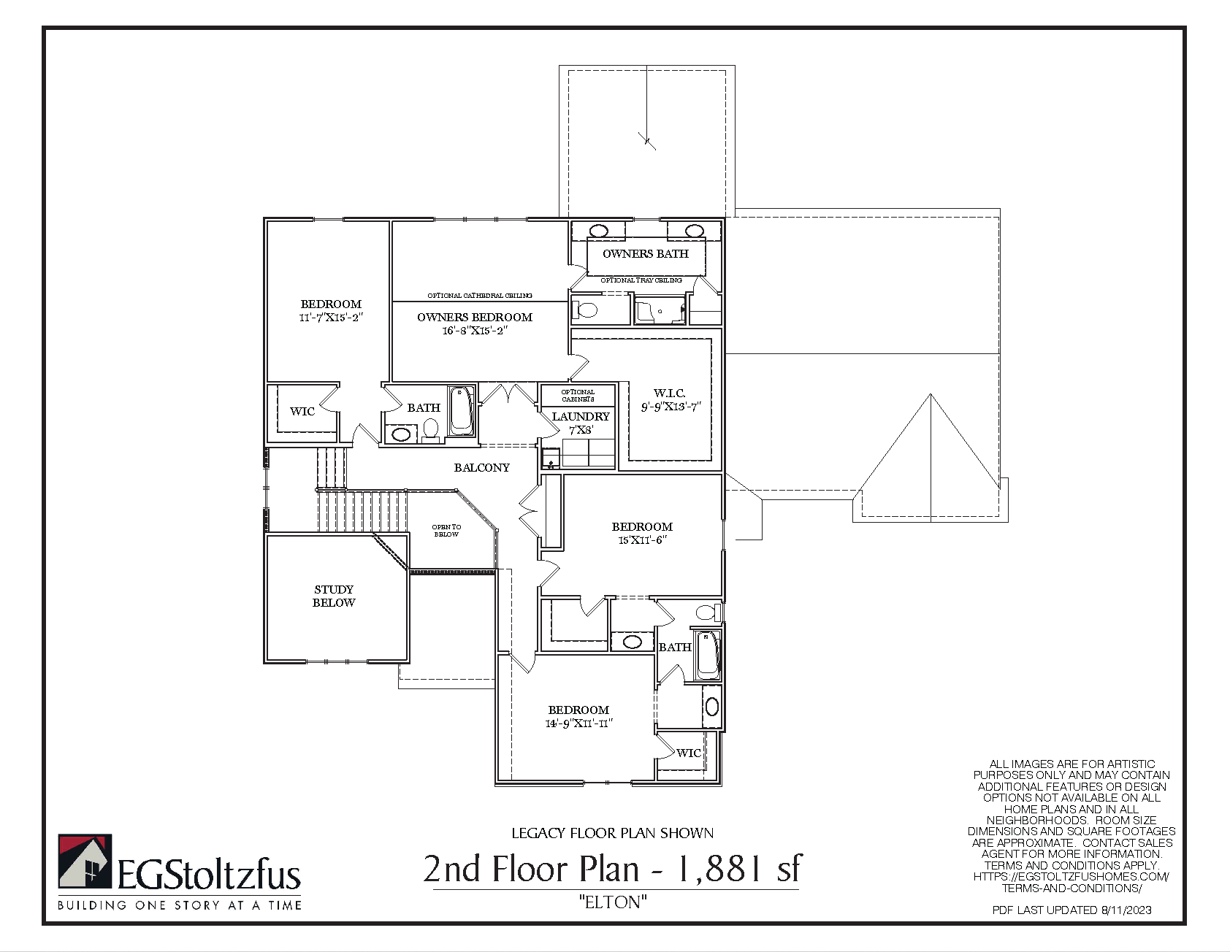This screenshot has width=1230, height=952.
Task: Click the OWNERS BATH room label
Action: [x=646, y=254]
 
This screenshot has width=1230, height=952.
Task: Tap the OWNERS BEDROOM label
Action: [x=475, y=324]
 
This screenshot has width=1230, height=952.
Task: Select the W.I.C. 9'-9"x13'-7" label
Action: [x=671, y=400]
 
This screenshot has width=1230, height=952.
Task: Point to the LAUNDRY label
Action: [x=581, y=423]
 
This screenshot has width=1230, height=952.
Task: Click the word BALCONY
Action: [x=482, y=468]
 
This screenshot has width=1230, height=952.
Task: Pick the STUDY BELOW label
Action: [x=334, y=596]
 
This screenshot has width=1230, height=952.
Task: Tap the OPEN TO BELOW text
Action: [x=446, y=531]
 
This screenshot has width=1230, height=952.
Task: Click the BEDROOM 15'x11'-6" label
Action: [x=642, y=533]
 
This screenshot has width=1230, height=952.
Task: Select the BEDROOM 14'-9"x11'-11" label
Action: [x=578, y=717]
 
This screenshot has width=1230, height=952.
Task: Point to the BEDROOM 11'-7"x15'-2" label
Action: [x=331, y=310]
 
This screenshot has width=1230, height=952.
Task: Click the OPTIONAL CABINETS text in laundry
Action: [x=578, y=396]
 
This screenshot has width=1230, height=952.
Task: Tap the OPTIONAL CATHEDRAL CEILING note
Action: [x=480, y=296]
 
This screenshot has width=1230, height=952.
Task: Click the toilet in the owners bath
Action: [x=585, y=310]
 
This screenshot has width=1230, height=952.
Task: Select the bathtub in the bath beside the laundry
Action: [x=461, y=410]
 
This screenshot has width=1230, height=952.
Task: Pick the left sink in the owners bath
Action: [x=599, y=231]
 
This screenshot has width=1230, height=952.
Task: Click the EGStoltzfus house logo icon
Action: [x=85, y=861]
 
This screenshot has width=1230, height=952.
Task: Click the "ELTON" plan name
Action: [x=613, y=902]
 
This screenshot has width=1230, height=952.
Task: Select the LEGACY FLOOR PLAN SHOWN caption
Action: [x=612, y=833]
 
